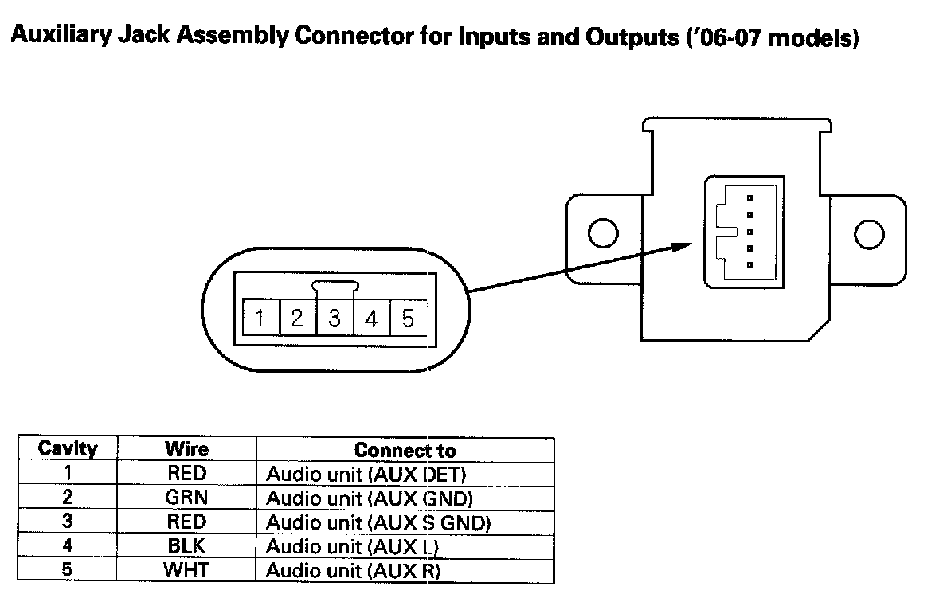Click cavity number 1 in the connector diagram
tap(260, 319)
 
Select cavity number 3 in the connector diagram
tap(335, 319)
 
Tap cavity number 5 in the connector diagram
tap(408, 319)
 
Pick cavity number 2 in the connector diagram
tap(297, 319)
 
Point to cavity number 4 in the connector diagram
tap(371, 319)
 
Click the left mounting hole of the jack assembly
tap(602, 233)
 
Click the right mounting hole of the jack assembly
tap(868, 233)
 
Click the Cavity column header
tap(68, 449)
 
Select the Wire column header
tap(186, 449)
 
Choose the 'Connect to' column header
tap(405, 450)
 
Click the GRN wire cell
tap(186, 498)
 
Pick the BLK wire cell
tap(186, 547)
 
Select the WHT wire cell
tap(186, 571)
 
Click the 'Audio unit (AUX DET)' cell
tap(365, 475)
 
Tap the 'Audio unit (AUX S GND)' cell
tap(378, 523)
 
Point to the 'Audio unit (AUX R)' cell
tap(353, 572)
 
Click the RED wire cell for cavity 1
tap(186, 474)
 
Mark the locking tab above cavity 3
tap(335, 285)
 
